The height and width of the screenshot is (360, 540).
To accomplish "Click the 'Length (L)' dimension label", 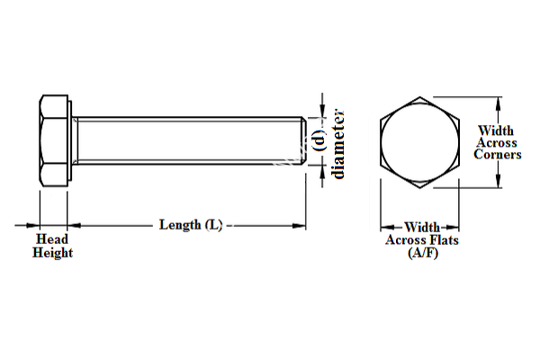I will coord(191,224).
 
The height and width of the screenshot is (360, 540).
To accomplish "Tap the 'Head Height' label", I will coord(53,246).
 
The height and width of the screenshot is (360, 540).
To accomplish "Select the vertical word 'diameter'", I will coord(339,143).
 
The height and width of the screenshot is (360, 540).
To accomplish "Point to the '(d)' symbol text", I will coord(319,140).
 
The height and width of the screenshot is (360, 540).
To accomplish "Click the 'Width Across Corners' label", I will coord(499,142).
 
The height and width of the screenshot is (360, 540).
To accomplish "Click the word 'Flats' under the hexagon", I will coord(442,240).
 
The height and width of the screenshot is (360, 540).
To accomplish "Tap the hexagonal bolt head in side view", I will coord(54,139).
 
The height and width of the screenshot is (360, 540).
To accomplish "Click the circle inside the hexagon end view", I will coord(418,141).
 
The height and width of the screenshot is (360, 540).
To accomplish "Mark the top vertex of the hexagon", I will coord(418,94).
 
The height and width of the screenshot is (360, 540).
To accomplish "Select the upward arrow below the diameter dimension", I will coord(321,170).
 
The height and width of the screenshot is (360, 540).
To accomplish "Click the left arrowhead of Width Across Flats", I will coord(383,227).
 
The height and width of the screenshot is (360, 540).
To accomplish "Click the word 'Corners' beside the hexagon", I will coord(499,154).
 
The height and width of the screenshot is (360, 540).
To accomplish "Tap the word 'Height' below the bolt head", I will coord(53,253).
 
